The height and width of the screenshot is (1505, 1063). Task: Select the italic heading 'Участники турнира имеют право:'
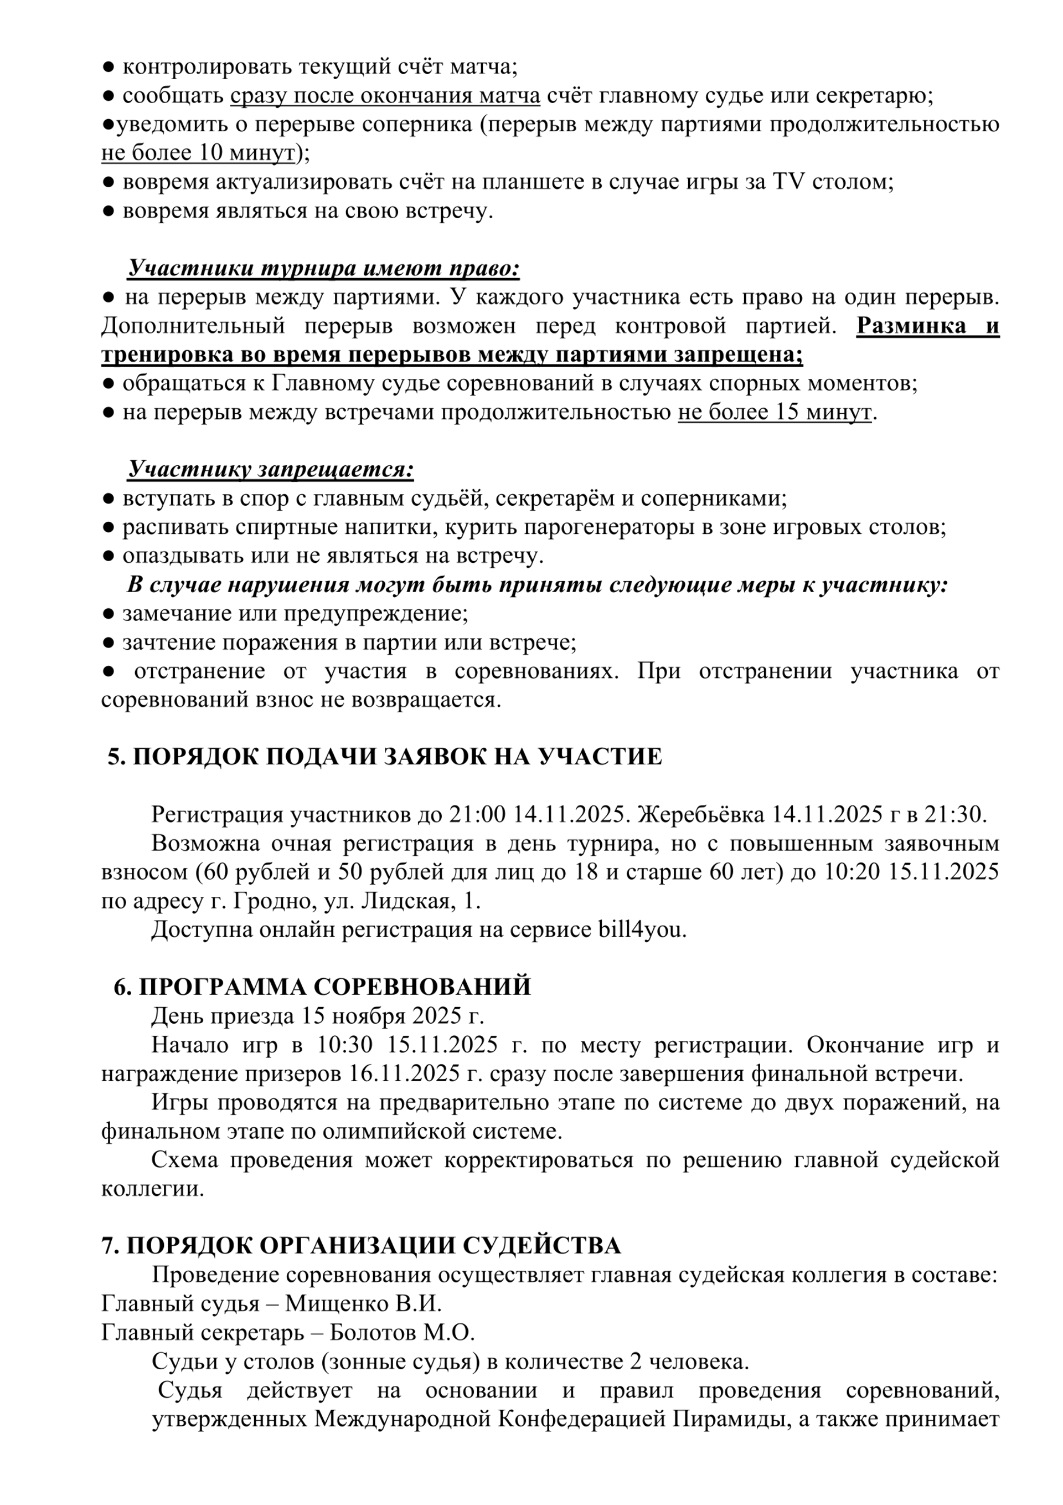coord(323,268)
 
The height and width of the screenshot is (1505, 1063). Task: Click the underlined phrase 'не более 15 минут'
coord(775,412)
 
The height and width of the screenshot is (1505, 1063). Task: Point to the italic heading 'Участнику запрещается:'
coord(270,469)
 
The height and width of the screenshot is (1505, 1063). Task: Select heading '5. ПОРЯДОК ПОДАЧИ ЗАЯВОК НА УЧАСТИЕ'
coord(385,757)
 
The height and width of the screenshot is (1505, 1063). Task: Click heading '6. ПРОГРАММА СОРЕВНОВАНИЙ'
coord(322,987)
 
